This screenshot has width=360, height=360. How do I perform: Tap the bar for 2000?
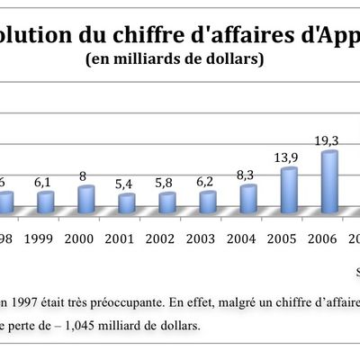86,200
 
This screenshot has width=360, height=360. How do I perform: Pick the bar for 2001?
127,203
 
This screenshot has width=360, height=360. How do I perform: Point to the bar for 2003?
208,202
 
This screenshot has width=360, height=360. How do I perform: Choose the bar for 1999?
46,202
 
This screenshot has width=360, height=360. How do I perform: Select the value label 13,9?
289,157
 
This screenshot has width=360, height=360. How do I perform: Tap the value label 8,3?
248,175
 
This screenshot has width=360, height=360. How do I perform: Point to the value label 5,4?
127,184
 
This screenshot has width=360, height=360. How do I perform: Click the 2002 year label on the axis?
167,240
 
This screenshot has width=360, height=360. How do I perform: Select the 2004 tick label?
248,240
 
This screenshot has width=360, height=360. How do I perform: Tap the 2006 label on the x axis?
329,240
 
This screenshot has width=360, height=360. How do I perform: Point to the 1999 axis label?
46,240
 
